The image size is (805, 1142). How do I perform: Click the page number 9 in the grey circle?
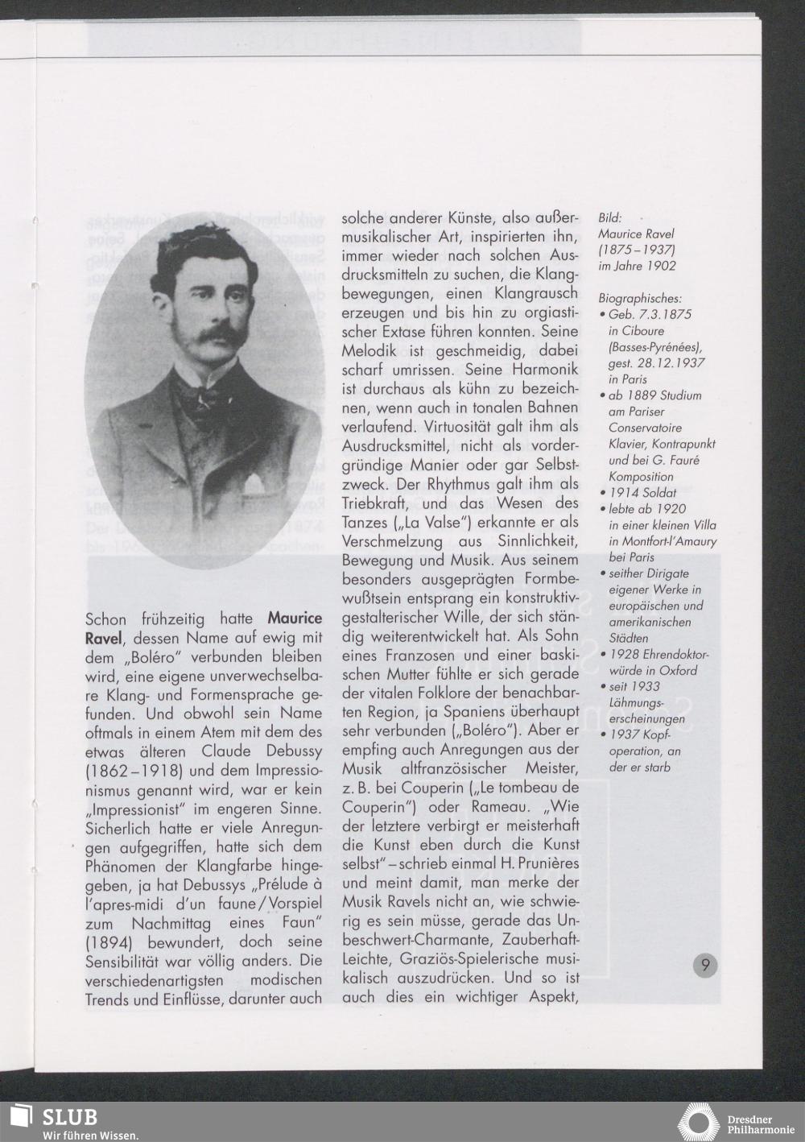705,964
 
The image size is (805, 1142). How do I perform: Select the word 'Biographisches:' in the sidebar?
640,298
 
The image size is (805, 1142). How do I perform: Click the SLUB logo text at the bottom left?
69,1117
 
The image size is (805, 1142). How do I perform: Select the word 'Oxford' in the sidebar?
678,670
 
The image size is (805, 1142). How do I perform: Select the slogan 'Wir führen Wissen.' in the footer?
90,1136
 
